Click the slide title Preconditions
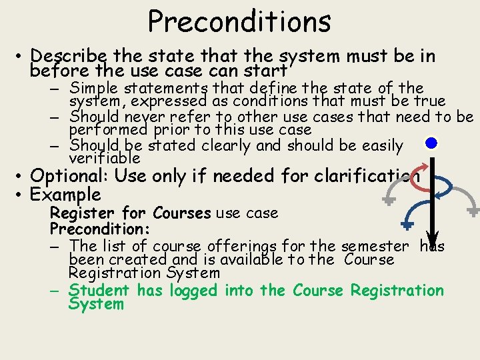pos(239,21)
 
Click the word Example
pos(66,195)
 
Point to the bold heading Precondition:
pos(100,228)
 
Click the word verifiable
pos(105,159)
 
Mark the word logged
pos(193,291)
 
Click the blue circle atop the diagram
pos(432,143)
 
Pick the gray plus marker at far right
pos(473,211)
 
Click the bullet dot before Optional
pos(21,176)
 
